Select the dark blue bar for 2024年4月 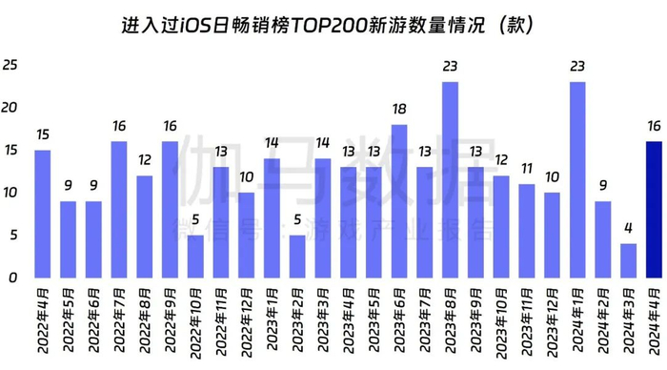655,209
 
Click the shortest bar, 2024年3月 629,260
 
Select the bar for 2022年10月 195,256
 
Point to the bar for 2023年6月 399,200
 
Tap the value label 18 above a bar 399,111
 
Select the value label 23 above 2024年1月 577,68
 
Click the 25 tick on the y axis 10,66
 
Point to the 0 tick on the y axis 12,277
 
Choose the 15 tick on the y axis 10,151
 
